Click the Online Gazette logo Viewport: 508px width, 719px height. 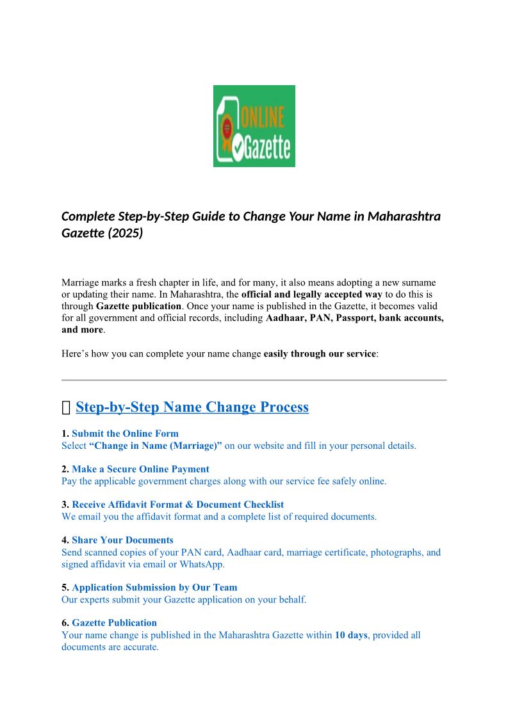click(x=254, y=126)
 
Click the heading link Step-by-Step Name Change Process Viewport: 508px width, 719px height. click(x=192, y=407)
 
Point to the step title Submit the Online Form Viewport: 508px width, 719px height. click(x=125, y=433)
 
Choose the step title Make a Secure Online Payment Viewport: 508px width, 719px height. click(x=140, y=469)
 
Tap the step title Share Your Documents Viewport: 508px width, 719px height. click(x=122, y=540)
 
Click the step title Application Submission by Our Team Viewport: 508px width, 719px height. click(x=154, y=587)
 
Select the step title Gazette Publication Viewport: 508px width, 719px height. click(x=114, y=622)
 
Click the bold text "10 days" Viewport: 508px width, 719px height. click(x=351, y=635)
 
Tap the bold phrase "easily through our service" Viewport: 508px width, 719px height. click(x=320, y=353)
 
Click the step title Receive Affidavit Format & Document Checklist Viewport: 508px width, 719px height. click(x=177, y=505)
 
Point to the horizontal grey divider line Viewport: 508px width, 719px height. click(x=254, y=380)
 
